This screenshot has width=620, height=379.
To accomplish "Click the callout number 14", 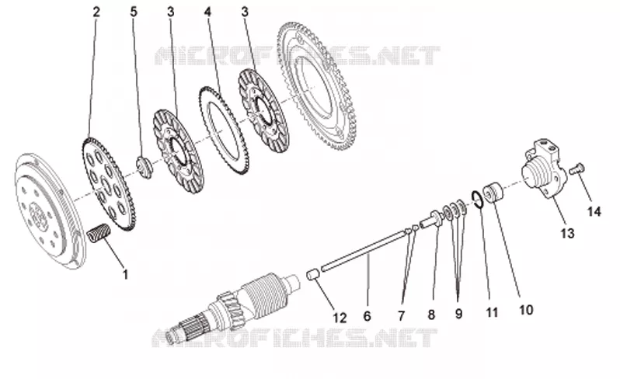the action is [x=594, y=211].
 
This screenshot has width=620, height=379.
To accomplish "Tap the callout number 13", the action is [x=567, y=233].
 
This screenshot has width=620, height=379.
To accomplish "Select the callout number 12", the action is [x=340, y=318].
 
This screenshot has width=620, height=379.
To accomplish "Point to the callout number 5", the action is [x=134, y=12].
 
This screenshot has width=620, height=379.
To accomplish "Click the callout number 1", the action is [x=126, y=274].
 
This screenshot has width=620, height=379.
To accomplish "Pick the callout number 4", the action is [x=207, y=12].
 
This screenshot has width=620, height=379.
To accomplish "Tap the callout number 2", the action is [x=96, y=12].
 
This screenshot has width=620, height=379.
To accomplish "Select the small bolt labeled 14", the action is [x=577, y=169].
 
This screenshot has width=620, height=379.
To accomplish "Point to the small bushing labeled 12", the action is [x=314, y=274].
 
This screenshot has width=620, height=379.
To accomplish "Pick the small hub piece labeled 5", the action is [x=145, y=167].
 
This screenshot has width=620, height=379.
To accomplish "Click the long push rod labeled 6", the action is [x=364, y=250].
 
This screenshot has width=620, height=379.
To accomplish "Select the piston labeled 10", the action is [x=493, y=192].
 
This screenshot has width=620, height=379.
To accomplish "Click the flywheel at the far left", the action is [x=50, y=210].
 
